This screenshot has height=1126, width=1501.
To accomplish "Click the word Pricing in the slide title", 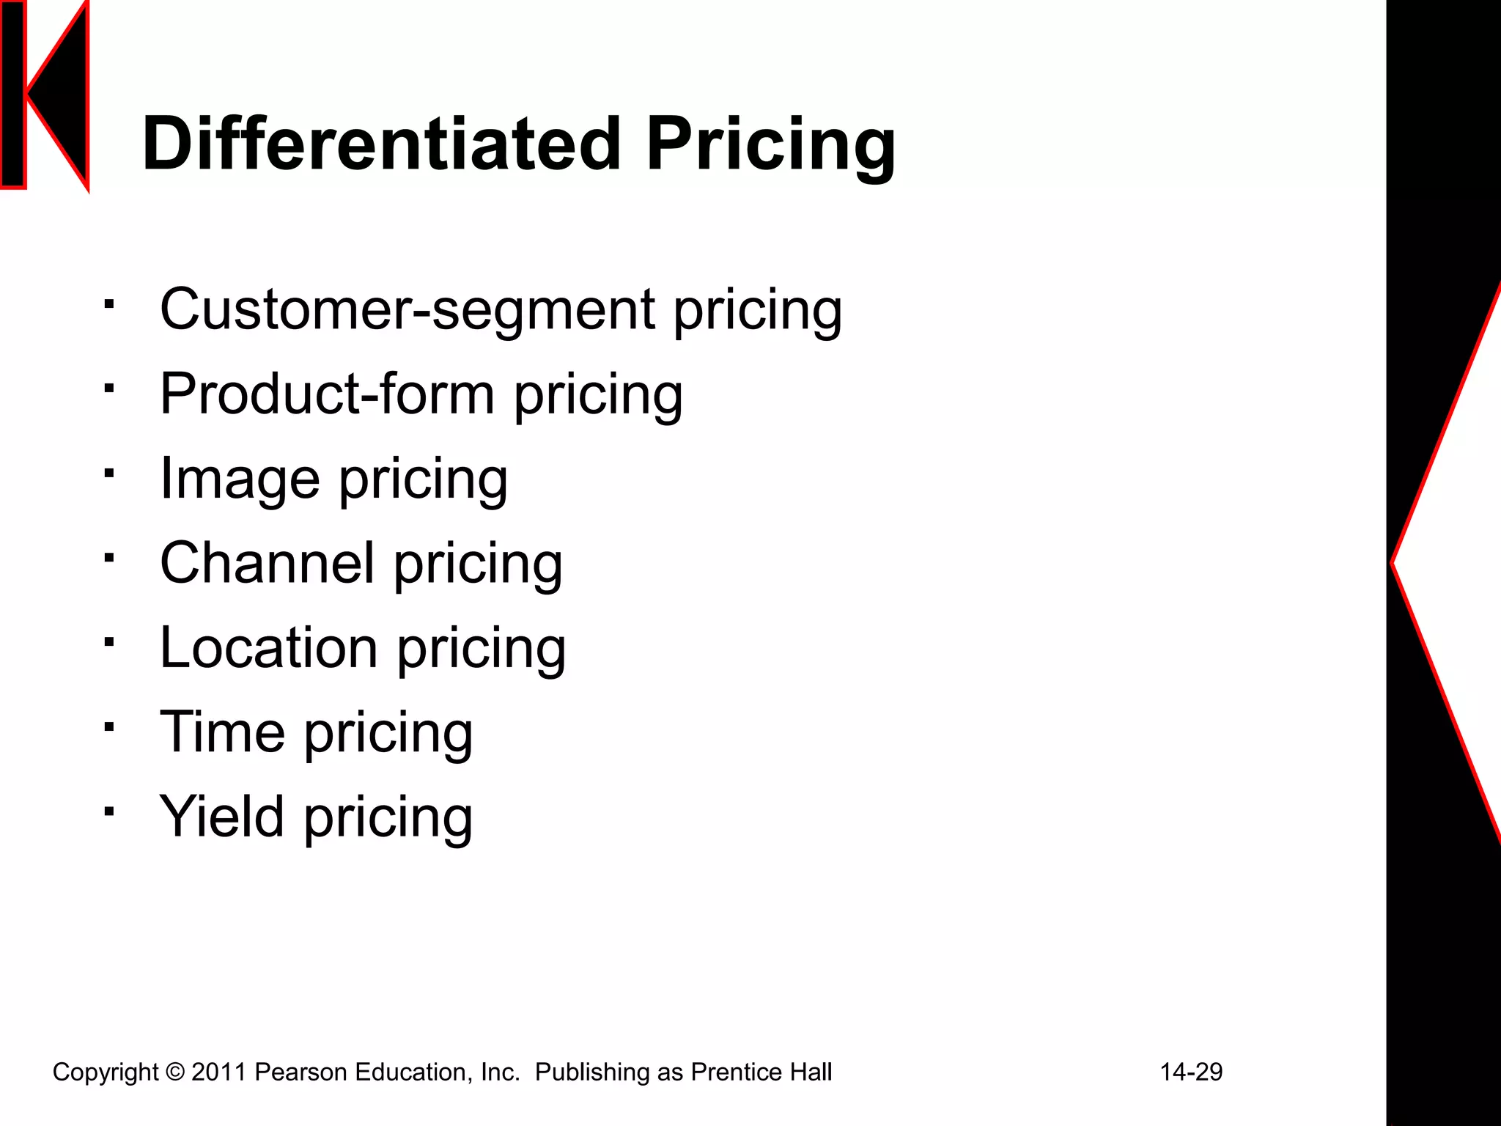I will point(770,145).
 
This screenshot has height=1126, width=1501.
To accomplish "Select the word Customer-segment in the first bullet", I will point(407,309).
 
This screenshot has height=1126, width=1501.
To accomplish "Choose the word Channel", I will point(268,563).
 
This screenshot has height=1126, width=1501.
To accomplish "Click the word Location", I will point(269,648).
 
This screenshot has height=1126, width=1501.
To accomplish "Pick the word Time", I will point(222,732).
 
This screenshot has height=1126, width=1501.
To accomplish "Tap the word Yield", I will point(221,817).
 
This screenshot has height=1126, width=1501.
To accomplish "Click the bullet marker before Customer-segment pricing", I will point(108,303).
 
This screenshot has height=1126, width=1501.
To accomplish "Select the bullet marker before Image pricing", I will point(108,473).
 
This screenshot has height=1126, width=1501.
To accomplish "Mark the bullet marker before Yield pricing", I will point(108,811).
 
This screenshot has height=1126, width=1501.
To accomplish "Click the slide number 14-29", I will point(1191,1072).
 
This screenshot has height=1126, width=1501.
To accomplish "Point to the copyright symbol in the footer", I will point(175,1072).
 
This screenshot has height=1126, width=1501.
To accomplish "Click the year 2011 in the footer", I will point(219,1072).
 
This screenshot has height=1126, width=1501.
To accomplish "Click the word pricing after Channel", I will point(478,564).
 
